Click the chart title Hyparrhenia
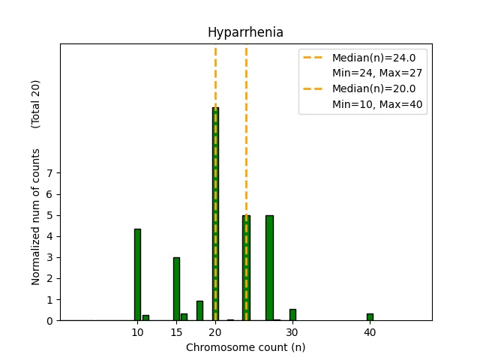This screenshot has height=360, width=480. click(x=245, y=33)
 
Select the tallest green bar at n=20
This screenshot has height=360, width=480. click(x=215, y=214)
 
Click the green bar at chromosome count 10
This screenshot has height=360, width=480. click(x=137, y=274)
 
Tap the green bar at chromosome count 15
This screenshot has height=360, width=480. click(x=176, y=289)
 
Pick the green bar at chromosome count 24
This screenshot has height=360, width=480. click(x=246, y=268)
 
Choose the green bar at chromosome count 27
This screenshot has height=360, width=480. click(x=269, y=268)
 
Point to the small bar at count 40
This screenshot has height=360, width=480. click(x=370, y=317)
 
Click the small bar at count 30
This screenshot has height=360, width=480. click(x=292, y=315)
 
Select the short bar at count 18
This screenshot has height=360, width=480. click(x=199, y=310)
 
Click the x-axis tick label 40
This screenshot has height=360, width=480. click(x=370, y=332)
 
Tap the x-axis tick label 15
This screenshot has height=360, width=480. click(x=176, y=332)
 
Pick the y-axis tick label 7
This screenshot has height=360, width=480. click(x=49, y=173)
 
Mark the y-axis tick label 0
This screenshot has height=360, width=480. click(x=49, y=321)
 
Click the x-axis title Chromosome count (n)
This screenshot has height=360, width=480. click(x=245, y=347)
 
